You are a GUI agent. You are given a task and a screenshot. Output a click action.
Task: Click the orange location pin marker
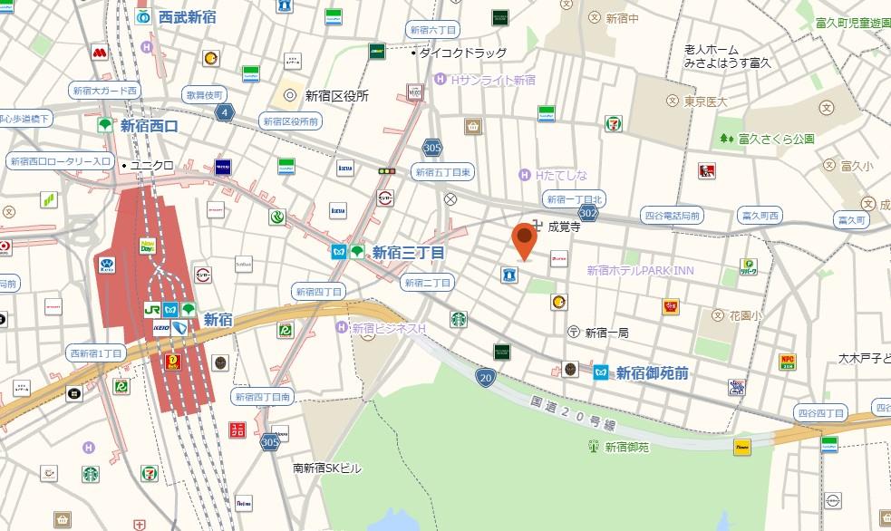pos(524,239)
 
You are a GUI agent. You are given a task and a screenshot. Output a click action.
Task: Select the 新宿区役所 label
pos(336,95)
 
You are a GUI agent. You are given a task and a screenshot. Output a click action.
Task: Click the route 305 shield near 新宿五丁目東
pos(432,148)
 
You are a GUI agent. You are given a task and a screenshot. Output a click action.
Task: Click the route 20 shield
pos(488,376)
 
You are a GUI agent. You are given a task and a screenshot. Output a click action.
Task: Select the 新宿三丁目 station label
pos(408,252)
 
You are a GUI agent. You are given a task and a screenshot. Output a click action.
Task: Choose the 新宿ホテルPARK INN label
pos(639,270)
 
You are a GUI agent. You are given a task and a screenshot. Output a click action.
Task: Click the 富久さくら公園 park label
pos(776,139)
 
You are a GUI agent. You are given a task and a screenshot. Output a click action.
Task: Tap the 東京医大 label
pos(706,101)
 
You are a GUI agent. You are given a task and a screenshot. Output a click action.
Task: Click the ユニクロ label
pos(151,165)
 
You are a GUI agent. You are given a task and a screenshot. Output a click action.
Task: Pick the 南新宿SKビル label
pos(326,468)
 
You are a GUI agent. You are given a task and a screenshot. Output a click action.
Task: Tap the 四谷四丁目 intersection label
pos(820,413)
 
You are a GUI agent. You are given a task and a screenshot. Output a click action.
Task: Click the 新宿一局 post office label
pos(606,333)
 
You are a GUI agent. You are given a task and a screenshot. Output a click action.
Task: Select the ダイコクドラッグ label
pos(462,53)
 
